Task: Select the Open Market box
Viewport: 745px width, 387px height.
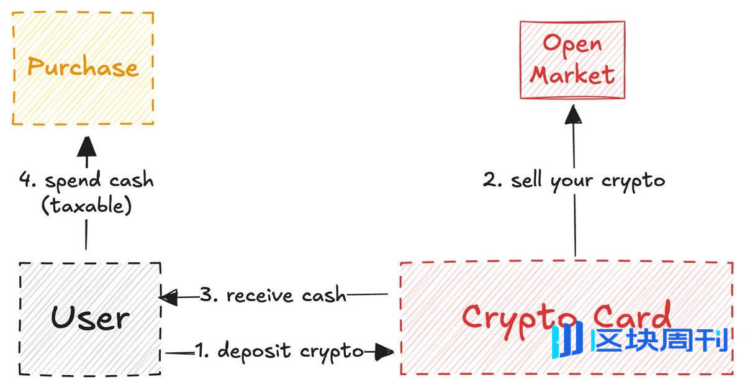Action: click(572, 60)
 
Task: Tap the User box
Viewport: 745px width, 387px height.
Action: click(90, 318)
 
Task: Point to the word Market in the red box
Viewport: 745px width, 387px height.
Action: click(572, 75)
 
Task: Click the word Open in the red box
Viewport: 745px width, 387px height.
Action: click(572, 43)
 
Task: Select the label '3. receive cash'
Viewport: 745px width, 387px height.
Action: click(273, 295)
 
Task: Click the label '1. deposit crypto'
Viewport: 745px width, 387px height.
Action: click(279, 352)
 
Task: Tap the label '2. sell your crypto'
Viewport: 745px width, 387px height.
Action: click(574, 180)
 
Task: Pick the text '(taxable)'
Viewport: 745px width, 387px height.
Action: click(86, 206)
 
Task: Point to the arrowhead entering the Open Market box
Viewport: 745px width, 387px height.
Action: click(572, 114)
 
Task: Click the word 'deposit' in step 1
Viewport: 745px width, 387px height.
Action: click(254, 352)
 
